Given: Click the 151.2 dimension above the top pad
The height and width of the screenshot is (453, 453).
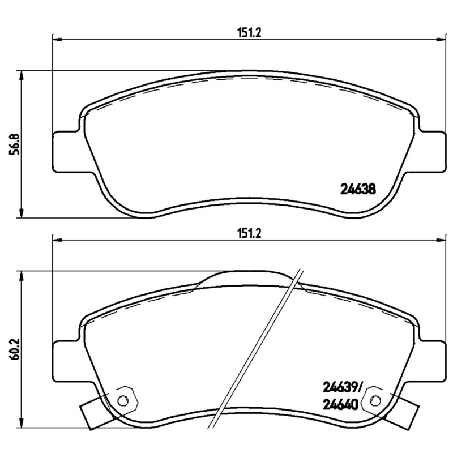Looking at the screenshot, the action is click(x=249, y=33).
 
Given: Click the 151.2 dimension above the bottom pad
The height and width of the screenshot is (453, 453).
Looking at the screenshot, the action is click(x=249, y=233).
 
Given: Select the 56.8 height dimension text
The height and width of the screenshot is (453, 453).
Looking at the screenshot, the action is click(x=15, y=144).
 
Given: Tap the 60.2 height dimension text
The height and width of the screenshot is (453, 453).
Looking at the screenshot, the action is click(x=15, y=349).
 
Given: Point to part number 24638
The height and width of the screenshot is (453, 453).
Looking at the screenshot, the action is click(x=358, y=189).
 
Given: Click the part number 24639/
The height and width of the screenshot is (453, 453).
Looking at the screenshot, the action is click(x=342, y=387).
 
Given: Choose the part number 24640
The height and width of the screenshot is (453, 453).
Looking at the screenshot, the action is click(x=340, y=404).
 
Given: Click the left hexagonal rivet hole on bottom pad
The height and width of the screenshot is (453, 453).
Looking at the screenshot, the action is click(x=123, y=400).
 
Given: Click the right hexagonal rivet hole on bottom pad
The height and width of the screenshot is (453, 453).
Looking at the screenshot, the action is click(x=375, y=400).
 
